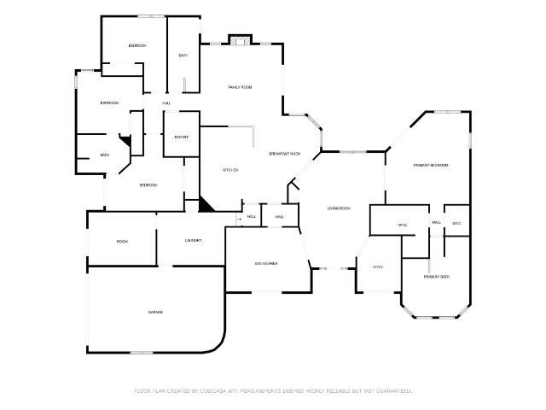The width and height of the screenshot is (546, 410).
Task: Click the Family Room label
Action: tap(240, 87)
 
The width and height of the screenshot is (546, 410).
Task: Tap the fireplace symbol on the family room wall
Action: tap(240, 39)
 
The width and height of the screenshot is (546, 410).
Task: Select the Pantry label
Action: tap(181, 137)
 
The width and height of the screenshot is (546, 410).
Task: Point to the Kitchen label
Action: tap(230, 170)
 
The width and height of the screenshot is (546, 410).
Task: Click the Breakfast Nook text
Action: tap(284, 154)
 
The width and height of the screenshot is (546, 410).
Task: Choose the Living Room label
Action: tap(339, 208)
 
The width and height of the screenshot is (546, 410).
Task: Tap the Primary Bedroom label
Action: tap(430, 165)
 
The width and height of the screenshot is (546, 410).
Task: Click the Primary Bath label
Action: tap(437, 277)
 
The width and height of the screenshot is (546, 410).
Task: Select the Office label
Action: tap(377, 266)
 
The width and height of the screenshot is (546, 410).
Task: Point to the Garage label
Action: tap(155, 312)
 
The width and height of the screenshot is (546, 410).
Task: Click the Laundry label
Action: tap(193, 241)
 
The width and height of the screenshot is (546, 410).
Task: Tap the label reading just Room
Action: tap(122, 242)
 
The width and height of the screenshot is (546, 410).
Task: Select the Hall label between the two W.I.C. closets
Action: tap(436, 222)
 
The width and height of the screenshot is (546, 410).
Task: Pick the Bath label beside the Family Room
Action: tap(183, 56)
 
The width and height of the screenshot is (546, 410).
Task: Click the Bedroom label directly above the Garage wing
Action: tap(148, 184)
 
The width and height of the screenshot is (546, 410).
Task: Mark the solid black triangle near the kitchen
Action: tap(206, 204)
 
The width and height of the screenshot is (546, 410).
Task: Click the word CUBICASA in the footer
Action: tap(217, 390)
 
